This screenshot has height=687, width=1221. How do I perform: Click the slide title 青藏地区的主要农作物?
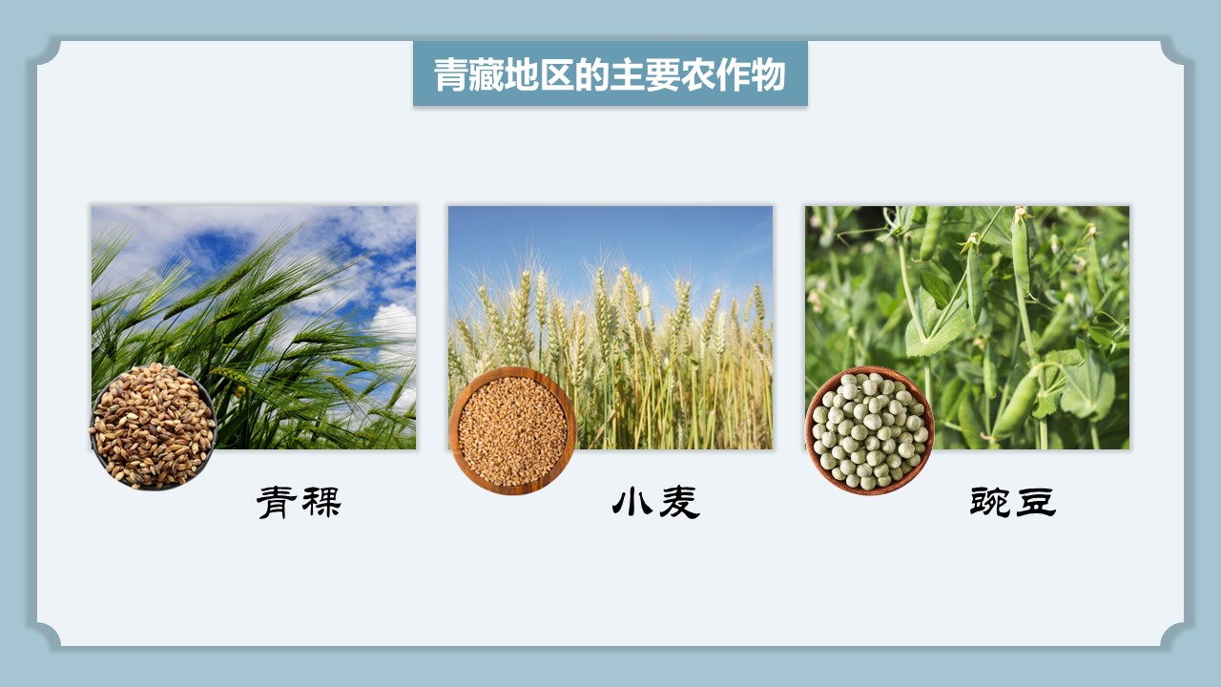tap(610, 74)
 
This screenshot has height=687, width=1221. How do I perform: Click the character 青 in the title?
tap(450, 74)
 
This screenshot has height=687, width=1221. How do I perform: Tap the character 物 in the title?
tap(769, 74)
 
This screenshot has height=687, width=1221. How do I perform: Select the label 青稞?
tap(299, 502)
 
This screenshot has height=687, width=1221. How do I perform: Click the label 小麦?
tap(655, 502)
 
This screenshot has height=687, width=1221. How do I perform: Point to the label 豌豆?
tap(1013, 502)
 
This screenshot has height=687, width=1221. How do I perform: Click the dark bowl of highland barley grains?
tap(153, 426)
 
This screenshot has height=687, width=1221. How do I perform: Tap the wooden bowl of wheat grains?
tap(512, 430)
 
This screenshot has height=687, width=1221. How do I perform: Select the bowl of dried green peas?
tap(869, 430)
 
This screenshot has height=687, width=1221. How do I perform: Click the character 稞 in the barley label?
tap(321, 502)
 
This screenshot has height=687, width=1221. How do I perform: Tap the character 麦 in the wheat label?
tap(679, 503)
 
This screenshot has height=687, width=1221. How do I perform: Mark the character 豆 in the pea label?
tap(1036, 502)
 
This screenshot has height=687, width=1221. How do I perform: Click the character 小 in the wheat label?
tap(632, 502)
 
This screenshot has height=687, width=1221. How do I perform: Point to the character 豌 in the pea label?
tap(990, 502)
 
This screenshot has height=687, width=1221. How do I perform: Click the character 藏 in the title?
tap(486, 74)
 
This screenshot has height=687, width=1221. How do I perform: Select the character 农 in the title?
tap(697, 74)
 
